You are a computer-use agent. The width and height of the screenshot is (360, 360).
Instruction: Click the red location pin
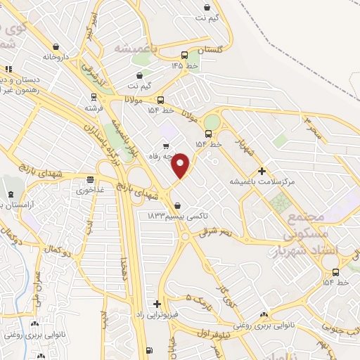point(181,165)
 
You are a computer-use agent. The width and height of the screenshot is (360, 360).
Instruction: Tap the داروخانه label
point(56,56)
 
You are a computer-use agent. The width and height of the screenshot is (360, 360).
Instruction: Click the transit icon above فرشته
point(94,97)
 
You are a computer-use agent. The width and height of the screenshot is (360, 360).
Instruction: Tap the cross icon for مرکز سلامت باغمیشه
point(262,170)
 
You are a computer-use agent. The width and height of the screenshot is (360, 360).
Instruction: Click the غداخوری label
point(91,190)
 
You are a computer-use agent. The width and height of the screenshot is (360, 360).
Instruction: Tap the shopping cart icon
point(166,147)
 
